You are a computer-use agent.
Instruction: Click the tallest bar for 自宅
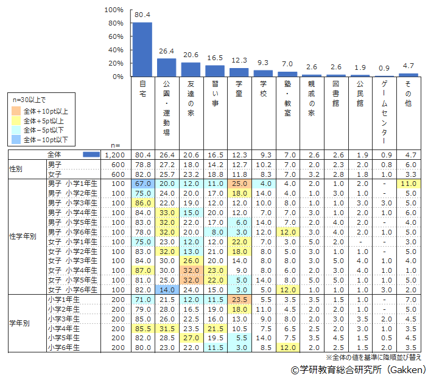click(x=142, y=50)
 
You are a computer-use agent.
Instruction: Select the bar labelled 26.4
click(x=166, y=67)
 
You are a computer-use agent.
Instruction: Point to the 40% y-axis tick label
click(x=116, y=50)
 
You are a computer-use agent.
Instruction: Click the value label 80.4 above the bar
click(x=142, y=16)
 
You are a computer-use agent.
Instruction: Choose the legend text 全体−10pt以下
click(x=46, y=140)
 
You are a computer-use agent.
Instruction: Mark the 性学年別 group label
click(x=22, y=236)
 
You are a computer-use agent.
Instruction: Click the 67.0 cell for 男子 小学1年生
click(x=143, y=184)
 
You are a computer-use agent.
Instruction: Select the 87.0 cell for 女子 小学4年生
click(x=143, y=270)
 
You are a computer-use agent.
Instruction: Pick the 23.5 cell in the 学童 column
click(x=239, y=300)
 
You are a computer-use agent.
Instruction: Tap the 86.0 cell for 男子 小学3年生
click(x=143, y=202)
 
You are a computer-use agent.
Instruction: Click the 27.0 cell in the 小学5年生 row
click(x=191, y=338)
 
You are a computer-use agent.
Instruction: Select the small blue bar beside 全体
click(x=91, y=155)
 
